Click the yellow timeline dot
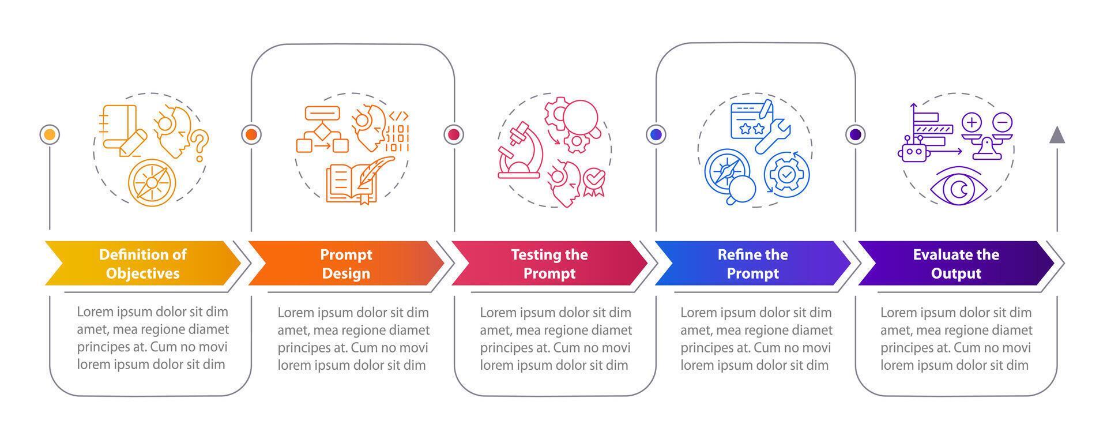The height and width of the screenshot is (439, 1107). tap(50, 135)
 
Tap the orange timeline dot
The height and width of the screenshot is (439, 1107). tap(251, 135)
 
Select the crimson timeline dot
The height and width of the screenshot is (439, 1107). tap(454, 135)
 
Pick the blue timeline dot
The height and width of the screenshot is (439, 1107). tap(656, 135)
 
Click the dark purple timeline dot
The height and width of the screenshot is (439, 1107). tap(856, 135)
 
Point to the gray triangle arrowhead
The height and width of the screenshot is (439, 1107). tap(1057, 135)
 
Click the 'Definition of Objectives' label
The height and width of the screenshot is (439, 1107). tap(142, 264)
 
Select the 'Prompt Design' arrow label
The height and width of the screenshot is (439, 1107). tap(346, 264)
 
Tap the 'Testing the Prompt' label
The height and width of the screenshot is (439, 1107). tap(549, 264)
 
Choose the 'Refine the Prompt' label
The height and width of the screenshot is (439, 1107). tap(752, 264)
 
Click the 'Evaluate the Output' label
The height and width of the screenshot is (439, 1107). tap(956, 264)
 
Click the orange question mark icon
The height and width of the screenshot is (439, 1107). tap(199, 145)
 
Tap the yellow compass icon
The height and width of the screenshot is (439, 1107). tap(152, 182)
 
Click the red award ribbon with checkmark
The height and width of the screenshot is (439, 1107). tap(594, 181)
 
